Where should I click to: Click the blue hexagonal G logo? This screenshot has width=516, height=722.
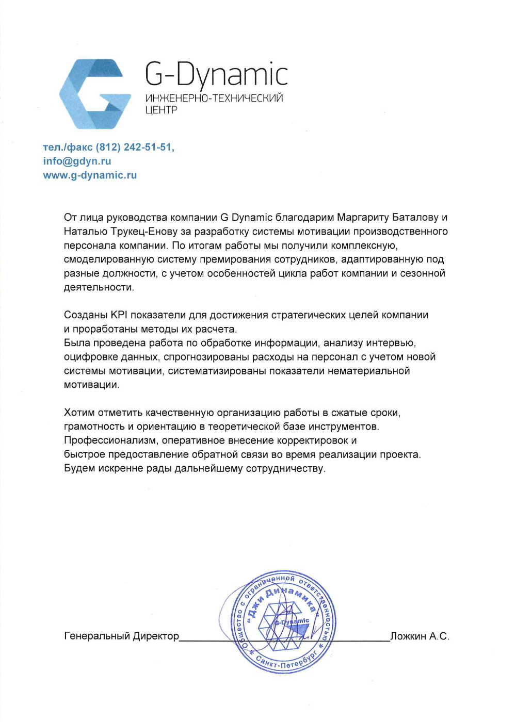(94, 94)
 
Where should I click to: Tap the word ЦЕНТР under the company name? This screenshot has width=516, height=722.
(161, 110)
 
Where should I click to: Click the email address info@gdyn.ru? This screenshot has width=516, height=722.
(77, 161)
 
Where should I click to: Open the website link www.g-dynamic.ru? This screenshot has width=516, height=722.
(90, 175)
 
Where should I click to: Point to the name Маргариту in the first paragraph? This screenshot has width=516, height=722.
(363, 218)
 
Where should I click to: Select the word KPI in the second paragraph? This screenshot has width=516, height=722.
(119, 315)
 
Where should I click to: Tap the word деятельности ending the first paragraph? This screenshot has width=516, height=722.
(99, 288)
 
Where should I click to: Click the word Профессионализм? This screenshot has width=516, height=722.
(111, 441)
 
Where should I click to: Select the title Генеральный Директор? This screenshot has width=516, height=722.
(121, 636)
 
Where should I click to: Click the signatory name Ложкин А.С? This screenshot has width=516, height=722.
(420, 636)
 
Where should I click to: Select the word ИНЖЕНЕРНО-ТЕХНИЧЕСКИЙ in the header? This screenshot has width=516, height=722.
(214, 99)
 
